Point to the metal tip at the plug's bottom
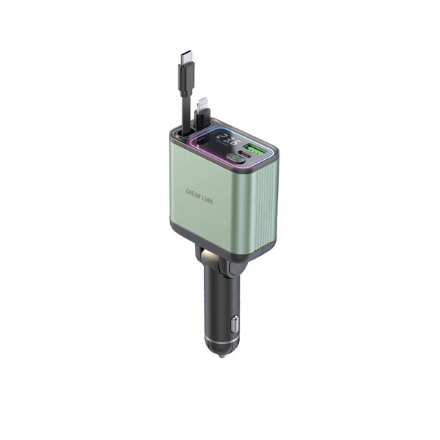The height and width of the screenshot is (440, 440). [221, 354]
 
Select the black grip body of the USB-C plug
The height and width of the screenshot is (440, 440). [184, 76]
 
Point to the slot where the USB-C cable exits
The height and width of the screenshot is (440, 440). [180, 134]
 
